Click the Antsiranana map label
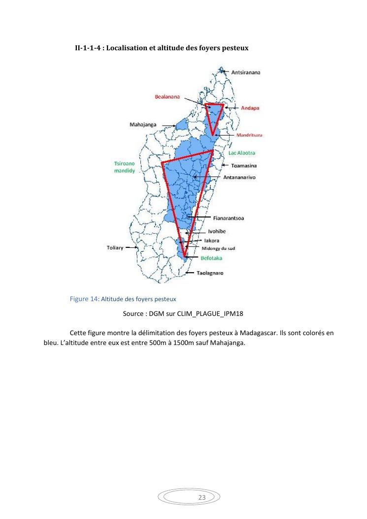(246, 72)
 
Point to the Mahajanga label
(143, 125)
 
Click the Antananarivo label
(249, 176)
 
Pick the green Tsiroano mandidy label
(121, 167)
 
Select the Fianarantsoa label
(230, 217)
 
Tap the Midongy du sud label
(219, 248)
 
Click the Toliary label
(115, 247)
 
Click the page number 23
(201, 497)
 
